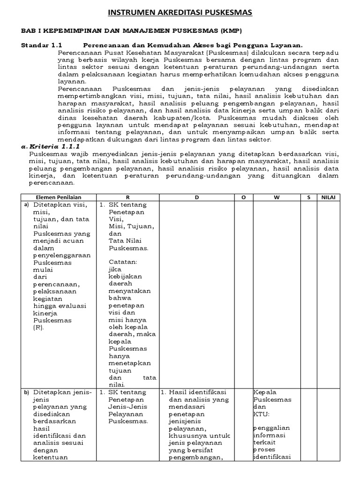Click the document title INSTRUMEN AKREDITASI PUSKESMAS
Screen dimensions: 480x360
[180, 13]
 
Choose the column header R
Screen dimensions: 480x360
[127, 197]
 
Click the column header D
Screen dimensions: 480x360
[197, 197]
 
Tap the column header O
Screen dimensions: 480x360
[243, 197]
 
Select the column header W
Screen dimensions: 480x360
[276, 197]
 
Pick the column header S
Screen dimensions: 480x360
[308, 197]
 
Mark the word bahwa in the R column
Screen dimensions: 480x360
[120, 298]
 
